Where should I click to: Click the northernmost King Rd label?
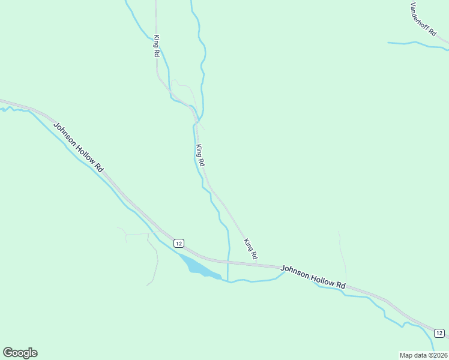coord(156,47)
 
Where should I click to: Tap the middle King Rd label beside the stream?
coord(200,155)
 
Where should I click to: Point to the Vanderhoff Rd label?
coord(423,20)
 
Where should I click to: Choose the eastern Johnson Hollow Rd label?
coord(313,276)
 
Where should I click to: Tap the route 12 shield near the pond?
coord(178,243)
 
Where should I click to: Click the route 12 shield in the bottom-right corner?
coord(439,333)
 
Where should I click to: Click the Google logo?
coord(20,353)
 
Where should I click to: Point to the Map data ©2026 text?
coord(423,355)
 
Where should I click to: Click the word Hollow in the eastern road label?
coord(319,278)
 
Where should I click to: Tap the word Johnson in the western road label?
coord(65,135)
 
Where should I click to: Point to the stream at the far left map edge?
coord(6,110)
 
